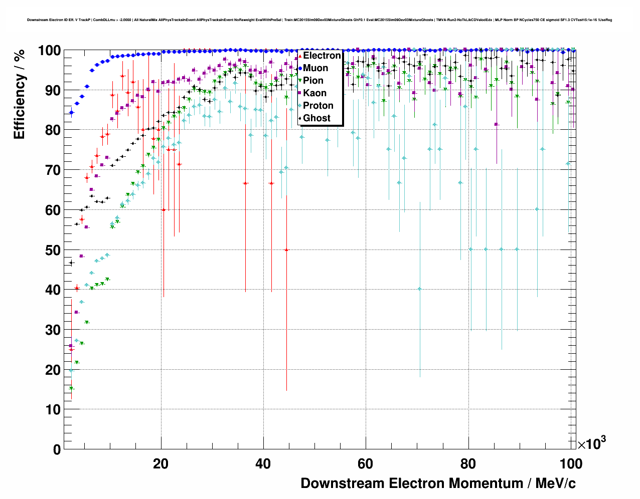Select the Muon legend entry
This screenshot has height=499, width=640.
pos(315,68)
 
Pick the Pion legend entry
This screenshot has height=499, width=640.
pos(313,81)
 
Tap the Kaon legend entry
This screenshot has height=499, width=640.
pos(314,93)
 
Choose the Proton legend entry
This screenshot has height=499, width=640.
pos(318,106)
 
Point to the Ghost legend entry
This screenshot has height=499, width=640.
pos(316,118)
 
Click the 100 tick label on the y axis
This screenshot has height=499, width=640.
pos(50,51)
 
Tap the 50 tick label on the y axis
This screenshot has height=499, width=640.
pos(53,250)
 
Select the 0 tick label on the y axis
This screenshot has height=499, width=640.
pos(57,449)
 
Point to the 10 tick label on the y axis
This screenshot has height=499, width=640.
pos(53,409)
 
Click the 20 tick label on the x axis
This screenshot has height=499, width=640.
pos(161,464)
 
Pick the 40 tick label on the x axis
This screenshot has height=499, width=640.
pos(263,464)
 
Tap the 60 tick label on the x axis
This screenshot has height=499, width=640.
pos(366,464)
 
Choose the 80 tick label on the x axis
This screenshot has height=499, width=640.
pos(468,464)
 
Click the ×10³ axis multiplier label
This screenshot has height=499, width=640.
pos(591,443)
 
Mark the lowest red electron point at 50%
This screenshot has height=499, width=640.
pos(286,249)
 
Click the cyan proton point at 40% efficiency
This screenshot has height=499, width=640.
pos(420,289)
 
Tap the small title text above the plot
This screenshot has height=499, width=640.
pos(319,20)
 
